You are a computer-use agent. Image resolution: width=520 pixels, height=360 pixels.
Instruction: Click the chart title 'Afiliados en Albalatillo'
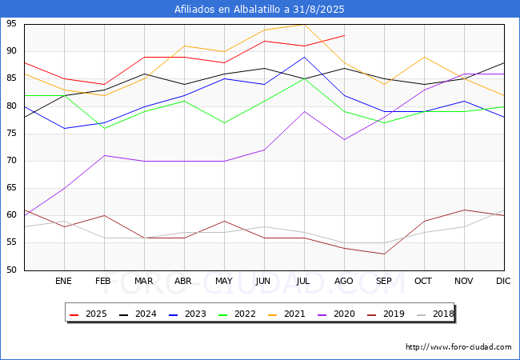pos(260,9)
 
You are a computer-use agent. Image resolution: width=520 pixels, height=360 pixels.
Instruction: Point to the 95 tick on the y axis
pos(13,24)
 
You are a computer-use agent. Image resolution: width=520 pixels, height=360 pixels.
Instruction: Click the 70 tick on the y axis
pos(13,161)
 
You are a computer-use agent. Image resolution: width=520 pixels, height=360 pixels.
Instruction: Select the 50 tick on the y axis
pos(13,270)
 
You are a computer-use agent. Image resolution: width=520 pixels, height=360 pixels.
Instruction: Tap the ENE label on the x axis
pos(64,282)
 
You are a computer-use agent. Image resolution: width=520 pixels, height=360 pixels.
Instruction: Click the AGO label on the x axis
pos(344,282)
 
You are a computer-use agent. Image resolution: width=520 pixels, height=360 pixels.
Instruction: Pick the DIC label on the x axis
pos(503,282)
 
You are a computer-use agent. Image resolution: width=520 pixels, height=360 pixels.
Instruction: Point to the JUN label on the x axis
pos(263,282)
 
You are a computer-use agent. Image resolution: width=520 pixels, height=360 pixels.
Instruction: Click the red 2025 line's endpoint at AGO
pos(344,35)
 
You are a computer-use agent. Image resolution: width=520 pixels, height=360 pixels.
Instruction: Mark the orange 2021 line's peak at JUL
pos(304,24)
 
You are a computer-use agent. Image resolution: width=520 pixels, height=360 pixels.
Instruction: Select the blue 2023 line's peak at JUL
pos(304,57)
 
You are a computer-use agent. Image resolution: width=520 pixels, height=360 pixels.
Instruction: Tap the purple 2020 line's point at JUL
pos(304,111)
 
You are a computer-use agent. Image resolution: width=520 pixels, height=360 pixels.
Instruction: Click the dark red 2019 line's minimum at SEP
pos(384,254)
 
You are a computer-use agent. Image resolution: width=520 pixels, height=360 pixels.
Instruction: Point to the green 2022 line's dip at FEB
pos(104,128)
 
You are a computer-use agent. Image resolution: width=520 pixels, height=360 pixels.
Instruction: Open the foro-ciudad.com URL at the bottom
pos(458,347)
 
